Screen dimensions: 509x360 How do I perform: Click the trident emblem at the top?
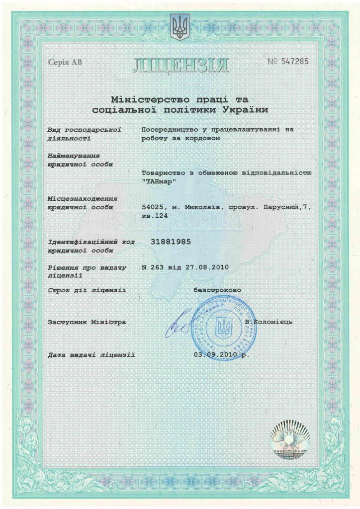180,27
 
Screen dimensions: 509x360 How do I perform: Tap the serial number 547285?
294,61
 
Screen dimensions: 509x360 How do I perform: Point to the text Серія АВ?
65,62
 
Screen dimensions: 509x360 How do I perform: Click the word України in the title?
245,109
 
